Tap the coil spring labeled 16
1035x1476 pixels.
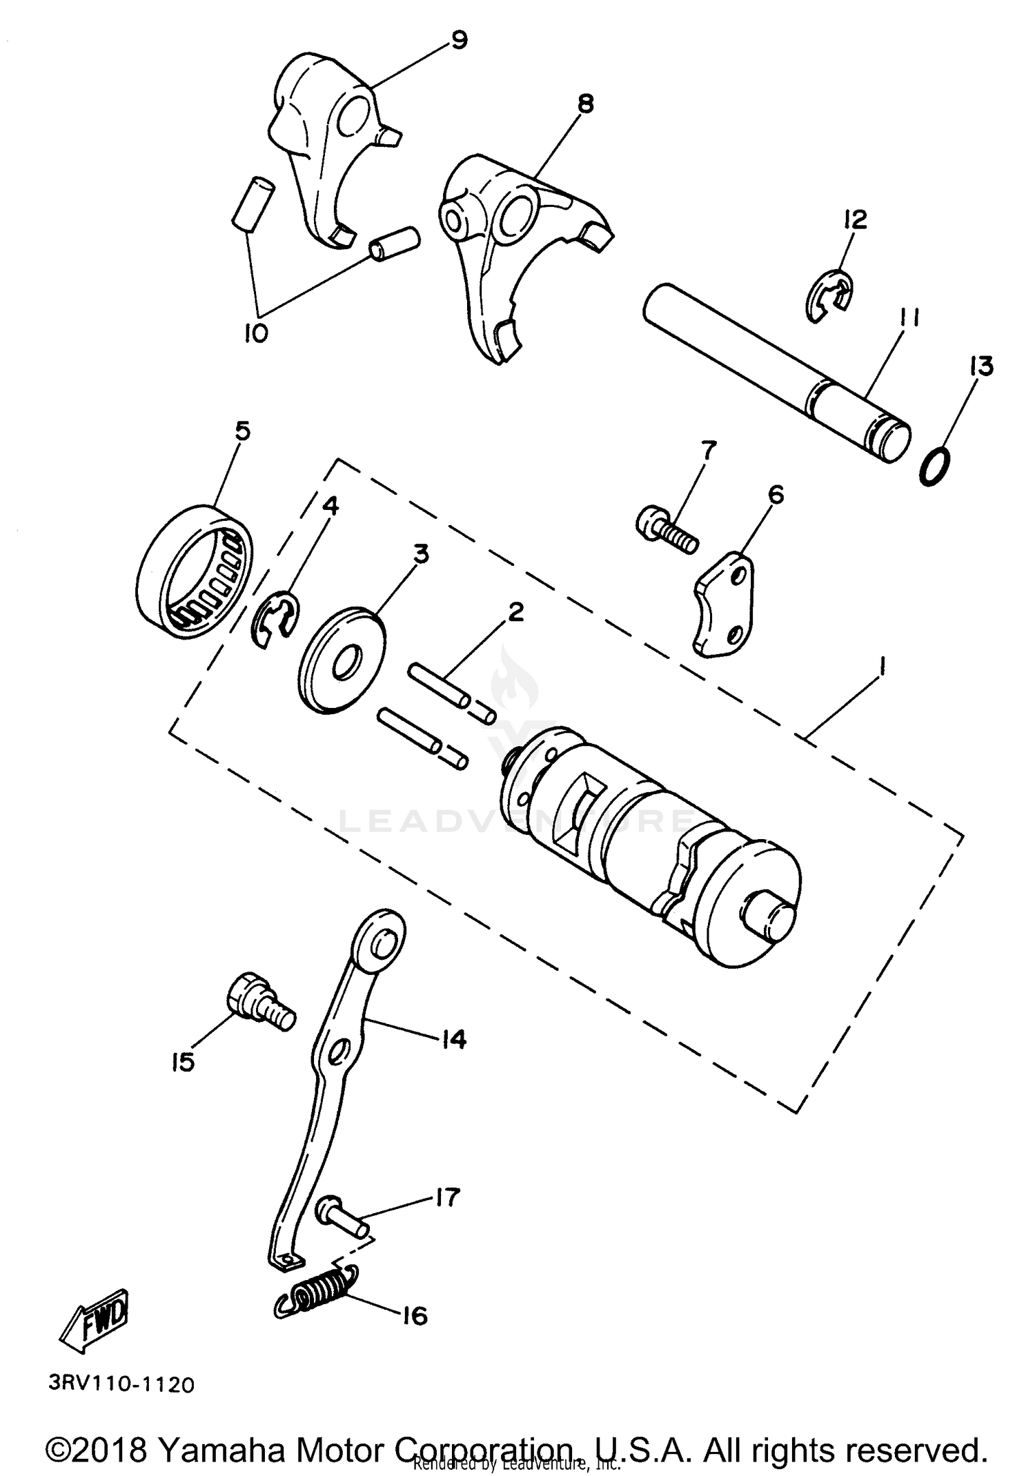click(x=315, y=1294)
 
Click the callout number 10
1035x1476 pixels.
click(x=255, y=333)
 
